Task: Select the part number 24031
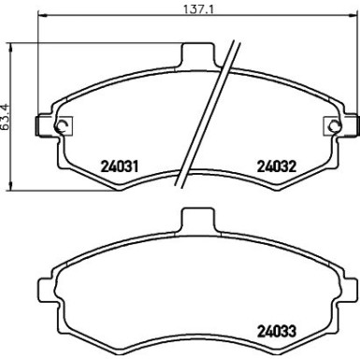[x=119, y=168]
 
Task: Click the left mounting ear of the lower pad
[x=45, y=287]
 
